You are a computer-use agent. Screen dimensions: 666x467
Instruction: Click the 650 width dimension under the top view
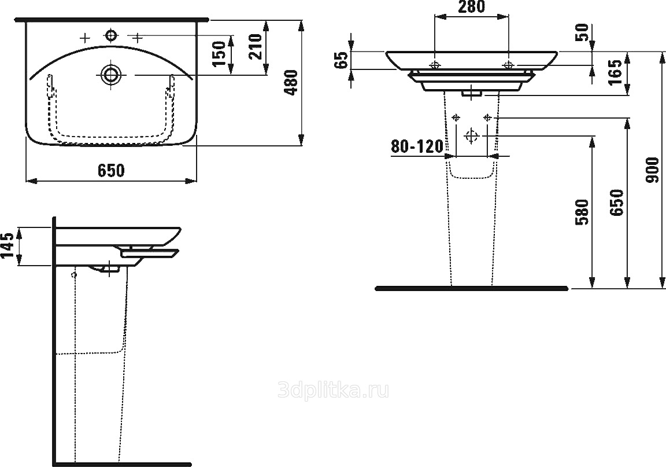pyautogui.click(x=111, y=170)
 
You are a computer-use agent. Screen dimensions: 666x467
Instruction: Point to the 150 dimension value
pyautogui.click(x=219, y=54)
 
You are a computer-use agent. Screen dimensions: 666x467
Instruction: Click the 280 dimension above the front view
pyautogui.click(x=471, y=7)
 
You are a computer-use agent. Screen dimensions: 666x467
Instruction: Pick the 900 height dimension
pyautogui.click(x=652, y=170)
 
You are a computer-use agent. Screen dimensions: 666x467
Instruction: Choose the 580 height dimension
pyautogui.click(x=582, y=212)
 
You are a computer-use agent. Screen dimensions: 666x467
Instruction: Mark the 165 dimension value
pyautogui.click(x=616, y=71)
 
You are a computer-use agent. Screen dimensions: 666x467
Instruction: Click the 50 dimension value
pyautogui.click(x=583, y=32)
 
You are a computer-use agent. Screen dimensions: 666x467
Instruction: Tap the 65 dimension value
pyautogui.click(x=342, y=60)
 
